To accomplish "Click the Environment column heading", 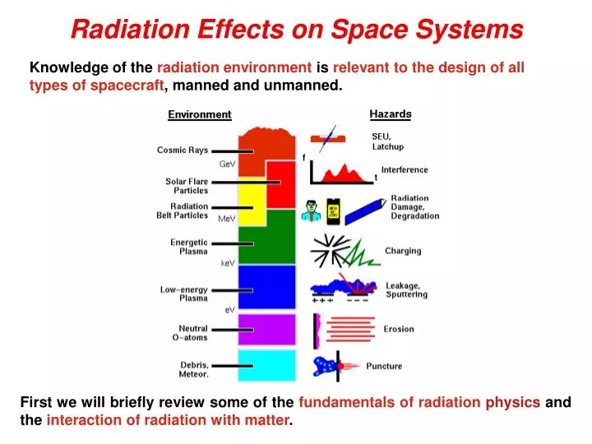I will (x=200, y=115).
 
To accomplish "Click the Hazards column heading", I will (x=391, y=114).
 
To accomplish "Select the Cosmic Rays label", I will (x=183, y=150).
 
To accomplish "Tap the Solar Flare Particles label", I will (x=187, y=186).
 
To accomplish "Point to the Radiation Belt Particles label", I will (x=183, y=211).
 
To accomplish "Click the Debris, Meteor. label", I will (x=194, y=369).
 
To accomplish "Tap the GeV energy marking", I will (x=228, y=164).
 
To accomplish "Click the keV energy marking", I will (x=228, y=264).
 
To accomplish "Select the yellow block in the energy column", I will (x=252, y=201).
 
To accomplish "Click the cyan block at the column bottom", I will (x=266, y=366).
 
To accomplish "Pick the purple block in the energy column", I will (x=266, y=328).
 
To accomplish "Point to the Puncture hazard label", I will (x=384, y=366).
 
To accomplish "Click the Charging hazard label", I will (x=403, y=251).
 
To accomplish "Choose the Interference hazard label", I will (x=405, y=170).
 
